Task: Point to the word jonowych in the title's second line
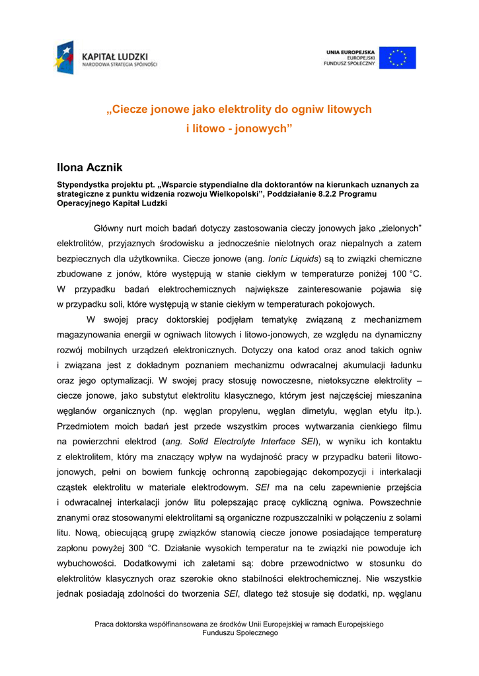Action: click(260, 127)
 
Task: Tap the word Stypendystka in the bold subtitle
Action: click(83, 186)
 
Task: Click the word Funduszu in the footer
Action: click(219, 633)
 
